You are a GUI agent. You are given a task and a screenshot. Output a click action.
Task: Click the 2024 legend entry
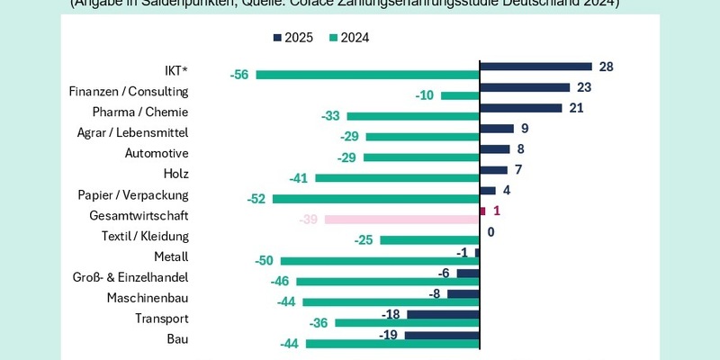346,38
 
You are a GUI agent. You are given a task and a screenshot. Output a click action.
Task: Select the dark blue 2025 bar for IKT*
535,67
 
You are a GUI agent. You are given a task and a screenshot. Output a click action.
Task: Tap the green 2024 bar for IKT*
367,75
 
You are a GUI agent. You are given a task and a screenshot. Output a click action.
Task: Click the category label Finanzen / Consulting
128,91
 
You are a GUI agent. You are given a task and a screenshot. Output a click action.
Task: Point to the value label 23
583,87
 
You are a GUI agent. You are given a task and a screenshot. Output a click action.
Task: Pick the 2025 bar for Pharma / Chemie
521,108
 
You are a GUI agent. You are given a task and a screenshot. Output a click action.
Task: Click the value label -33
330,116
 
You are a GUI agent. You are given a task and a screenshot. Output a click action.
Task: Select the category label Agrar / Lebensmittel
132,132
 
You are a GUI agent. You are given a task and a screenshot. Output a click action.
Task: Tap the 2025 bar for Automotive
495,149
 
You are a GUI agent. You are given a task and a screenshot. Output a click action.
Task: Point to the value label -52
256,199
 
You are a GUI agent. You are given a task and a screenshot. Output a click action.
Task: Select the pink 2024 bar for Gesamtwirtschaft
401,220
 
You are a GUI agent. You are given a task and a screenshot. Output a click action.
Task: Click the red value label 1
496,211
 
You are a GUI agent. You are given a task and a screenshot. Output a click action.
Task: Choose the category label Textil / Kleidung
145,236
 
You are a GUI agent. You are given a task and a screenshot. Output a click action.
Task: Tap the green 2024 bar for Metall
380,261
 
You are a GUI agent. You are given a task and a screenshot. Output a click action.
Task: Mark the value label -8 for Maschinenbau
435,293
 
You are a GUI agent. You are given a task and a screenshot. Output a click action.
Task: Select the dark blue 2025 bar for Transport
443,314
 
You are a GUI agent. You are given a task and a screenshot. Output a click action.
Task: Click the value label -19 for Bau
390,335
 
